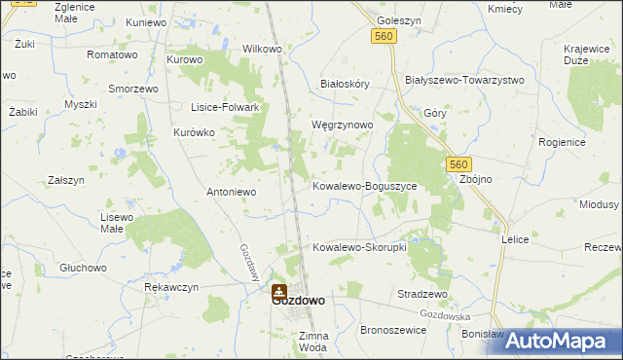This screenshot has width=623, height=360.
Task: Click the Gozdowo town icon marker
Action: [x=279, y=290]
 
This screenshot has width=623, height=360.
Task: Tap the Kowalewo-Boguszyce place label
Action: [x=364, y=185]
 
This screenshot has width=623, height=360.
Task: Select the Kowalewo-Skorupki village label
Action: [x=358, y=247]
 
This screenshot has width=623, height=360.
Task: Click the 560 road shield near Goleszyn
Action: [x=383, y=36]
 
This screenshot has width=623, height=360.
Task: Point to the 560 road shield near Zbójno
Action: [x=460, y=164]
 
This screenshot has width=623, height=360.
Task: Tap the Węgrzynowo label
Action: [x=341, y=126]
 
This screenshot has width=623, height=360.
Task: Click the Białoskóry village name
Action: [x=346, y=85]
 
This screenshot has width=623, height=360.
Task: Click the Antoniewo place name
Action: [x=231, y=192]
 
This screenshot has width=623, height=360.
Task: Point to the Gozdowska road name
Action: [x=445, y=316]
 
